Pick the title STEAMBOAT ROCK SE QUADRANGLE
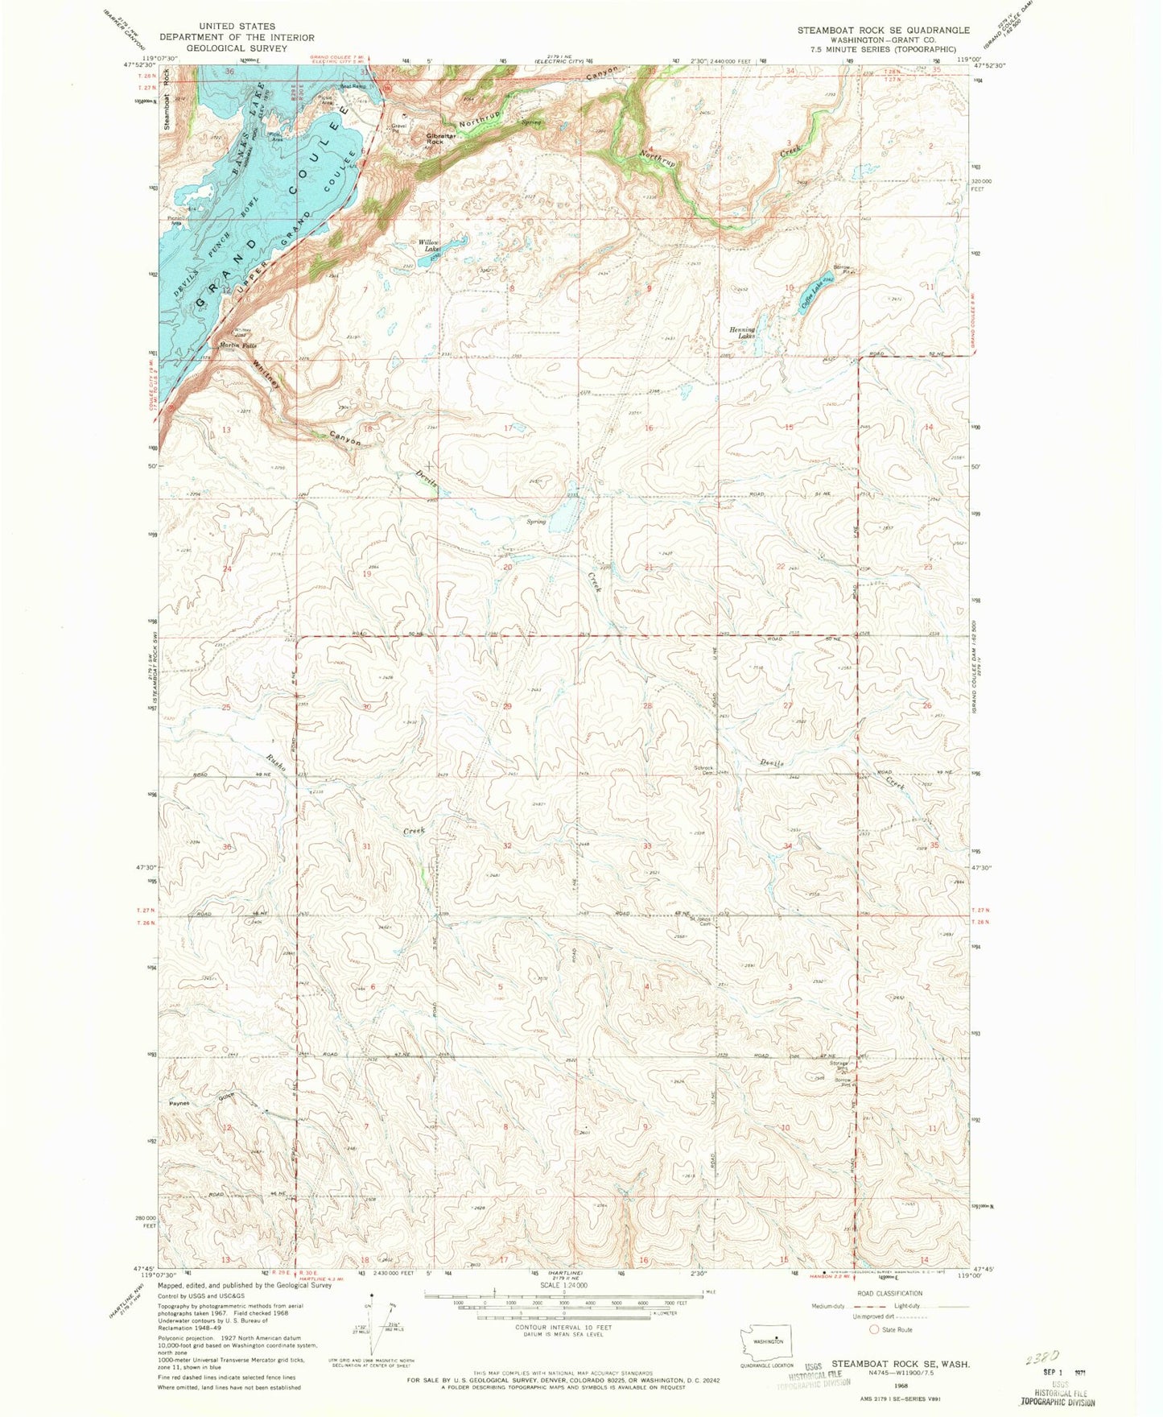[883, 30]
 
